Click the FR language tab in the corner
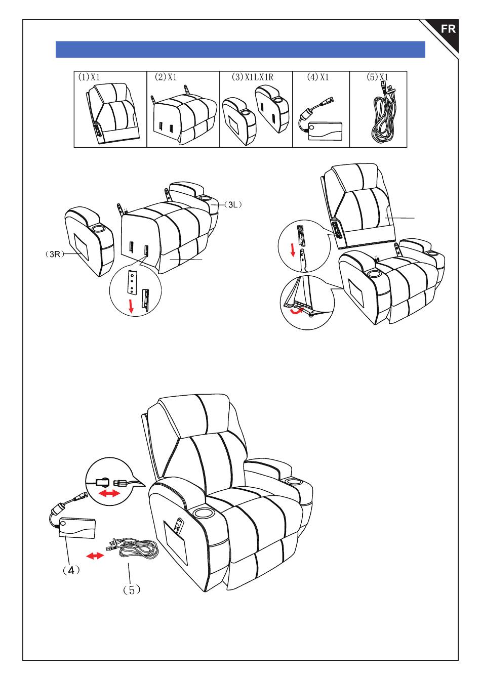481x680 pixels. (x=448, y=29)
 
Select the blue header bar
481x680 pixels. (x=240, y=50)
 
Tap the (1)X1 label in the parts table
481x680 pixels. (x=90, y=77)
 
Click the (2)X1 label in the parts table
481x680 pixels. (x=166, y=77)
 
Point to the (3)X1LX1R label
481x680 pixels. (x=252, y=77)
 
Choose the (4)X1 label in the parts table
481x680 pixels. (x=318, y=77)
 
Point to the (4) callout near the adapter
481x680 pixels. (x=71, y=570)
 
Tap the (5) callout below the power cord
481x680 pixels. (x=131, y=589)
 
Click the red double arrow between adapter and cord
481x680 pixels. (x=95, y=556)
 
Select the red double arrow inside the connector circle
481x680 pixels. (x=109, y=493)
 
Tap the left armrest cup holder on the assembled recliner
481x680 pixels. (x=205, y=514)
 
